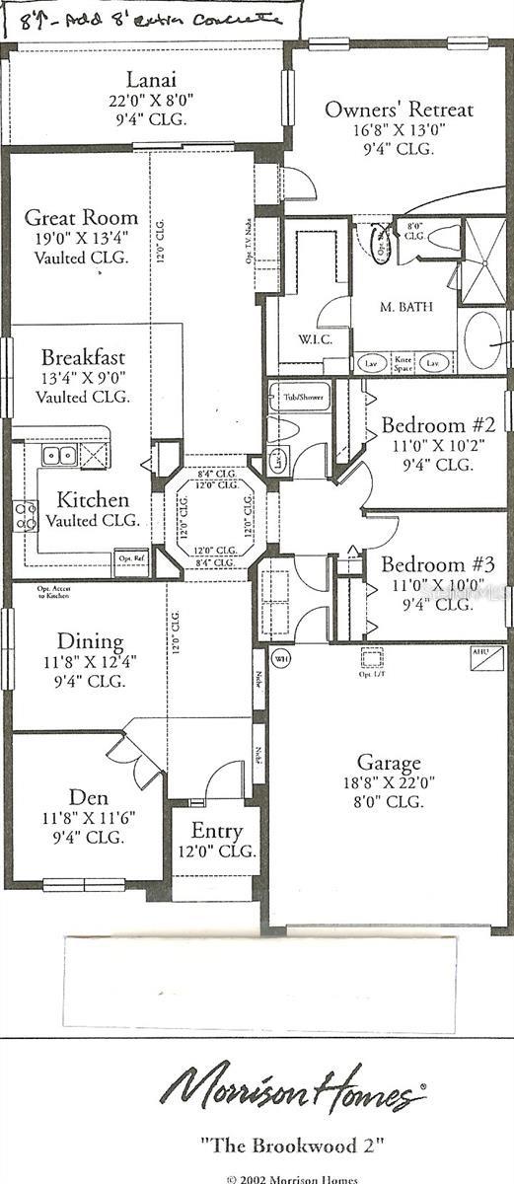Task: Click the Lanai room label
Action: pyautogui.click(x=151, y=79)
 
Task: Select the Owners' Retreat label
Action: pyautogui.click(x=399, y=110)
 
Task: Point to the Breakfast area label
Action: pyautogui.click(x=83, y=357)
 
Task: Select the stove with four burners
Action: pyautogui.click(x=25, y=516)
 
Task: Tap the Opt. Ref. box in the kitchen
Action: pyautogui.click(x=130, y=556)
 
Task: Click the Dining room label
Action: pyautogui.click(x=90, y=641)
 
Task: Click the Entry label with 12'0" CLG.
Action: pyautogui.click(x=217, y=830)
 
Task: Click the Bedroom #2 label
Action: pyautogui.click(x=431, y=425)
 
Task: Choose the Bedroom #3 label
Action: pyautogui.click(x=431, y=565)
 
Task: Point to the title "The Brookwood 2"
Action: pyautogui.click(x=291, y=1146)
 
